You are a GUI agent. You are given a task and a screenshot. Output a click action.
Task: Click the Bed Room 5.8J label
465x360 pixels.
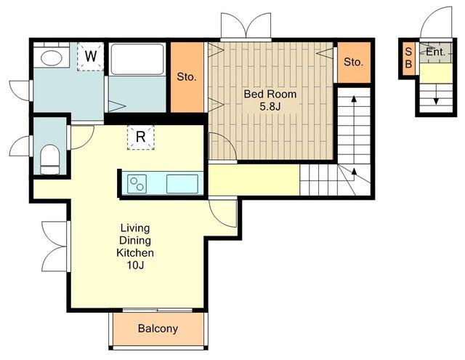270,100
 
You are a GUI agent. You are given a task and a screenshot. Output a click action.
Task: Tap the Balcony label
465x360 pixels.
158,329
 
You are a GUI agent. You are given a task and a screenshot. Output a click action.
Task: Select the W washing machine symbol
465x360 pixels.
90,57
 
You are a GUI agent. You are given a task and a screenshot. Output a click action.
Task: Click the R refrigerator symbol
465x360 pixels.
140,137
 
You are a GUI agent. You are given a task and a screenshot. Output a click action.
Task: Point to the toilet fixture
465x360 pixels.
50,159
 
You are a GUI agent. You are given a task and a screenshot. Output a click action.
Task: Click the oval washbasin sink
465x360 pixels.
51,57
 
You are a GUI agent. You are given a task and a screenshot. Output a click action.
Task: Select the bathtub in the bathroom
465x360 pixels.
137,60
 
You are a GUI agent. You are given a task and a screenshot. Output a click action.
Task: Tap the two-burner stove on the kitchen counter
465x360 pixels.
137,184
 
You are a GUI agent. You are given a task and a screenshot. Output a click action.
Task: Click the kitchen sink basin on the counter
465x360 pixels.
182,184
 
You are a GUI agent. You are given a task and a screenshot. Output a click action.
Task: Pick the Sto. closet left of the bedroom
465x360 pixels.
187,77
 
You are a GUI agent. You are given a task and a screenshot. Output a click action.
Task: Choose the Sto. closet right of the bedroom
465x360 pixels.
354,63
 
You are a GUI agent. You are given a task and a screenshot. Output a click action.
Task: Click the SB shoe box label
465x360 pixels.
408,58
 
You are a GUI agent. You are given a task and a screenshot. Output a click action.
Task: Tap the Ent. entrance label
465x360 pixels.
436,52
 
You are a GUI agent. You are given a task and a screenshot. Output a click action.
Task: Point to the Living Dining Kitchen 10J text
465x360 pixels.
135,247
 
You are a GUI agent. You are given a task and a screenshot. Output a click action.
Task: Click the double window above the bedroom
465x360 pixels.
246,26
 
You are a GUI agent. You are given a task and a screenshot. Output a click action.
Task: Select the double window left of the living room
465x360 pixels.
55,247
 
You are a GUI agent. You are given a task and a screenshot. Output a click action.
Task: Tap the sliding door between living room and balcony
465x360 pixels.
158,310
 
